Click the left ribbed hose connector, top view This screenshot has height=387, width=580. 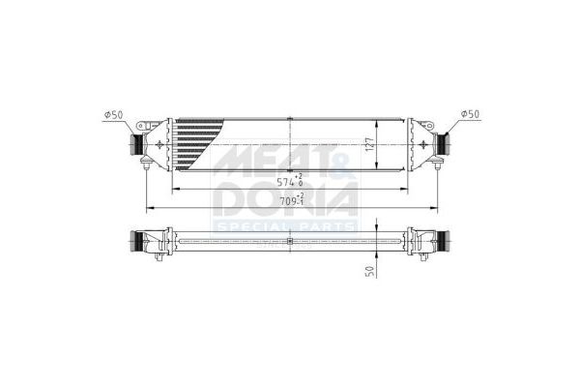pyautogui.click(x=136, y=145)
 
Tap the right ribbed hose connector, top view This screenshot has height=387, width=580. pyautogui.click(x=445, y=145)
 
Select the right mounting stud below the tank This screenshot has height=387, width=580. pyautogui.click(x=434, y=169)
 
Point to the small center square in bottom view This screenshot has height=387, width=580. pyautogui.click(x=290, y=241)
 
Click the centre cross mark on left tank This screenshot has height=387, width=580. pyautogui.click(x=158, y=145)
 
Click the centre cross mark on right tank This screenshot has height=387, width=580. pyautogui.click(x=422, y=145)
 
